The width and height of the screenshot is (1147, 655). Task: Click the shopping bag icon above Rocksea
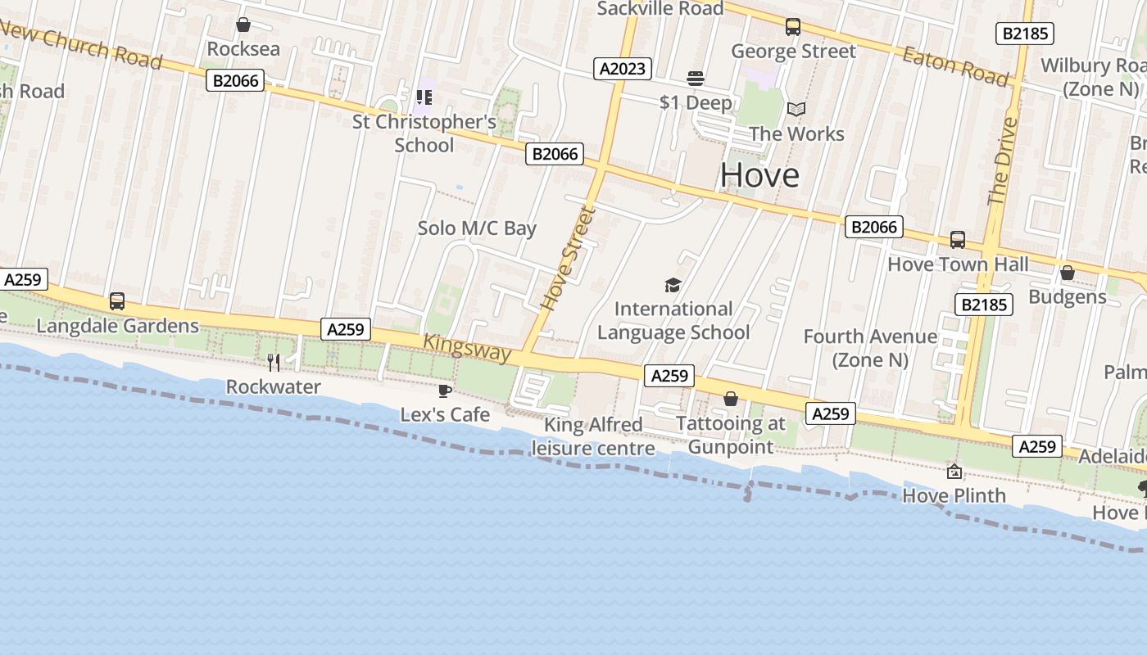(x=243, y=25)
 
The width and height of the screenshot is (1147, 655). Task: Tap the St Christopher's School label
(x=424, y=133)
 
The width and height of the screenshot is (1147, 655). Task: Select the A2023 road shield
(x=623, y=69)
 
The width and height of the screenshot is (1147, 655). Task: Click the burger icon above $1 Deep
(x=696, y=79)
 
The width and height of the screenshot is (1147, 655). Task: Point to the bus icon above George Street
(x=792, y=27)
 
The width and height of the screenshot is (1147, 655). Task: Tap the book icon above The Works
(x=796, y=109)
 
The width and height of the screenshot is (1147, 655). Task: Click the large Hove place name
(x=759, y=175)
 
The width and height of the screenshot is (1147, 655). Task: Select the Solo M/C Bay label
(x=477, y=228)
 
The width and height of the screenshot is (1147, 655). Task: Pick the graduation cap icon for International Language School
(x=673, y=285)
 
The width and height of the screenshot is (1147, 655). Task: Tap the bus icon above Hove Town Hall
(x=958, y=240)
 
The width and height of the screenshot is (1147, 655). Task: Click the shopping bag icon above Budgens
(x=1067, y=273)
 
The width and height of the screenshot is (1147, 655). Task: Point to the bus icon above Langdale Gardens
(x=117, y=301)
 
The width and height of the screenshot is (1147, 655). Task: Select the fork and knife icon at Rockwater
(x=274, y=362)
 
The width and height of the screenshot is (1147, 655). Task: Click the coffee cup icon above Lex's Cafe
(x=445, y=391)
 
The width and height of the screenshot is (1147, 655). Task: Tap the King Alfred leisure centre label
(x=593, y=436)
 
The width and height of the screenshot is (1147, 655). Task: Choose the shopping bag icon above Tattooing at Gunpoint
(x=730, y=399)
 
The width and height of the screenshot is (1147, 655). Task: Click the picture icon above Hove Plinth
(x=954, y=472)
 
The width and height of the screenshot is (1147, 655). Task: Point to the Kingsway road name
(x=468, y=348)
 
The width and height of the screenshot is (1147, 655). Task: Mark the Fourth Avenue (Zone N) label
(x=870, y=348)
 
